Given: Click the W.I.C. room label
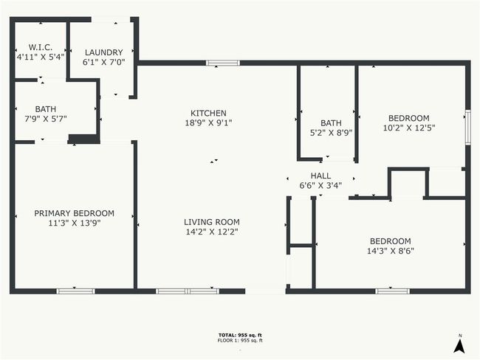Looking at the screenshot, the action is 41,47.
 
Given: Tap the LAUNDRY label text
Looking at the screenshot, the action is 104,52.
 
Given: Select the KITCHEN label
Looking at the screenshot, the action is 208,113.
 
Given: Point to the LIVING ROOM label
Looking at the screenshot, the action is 212,222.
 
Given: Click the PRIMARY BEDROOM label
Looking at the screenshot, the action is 75,213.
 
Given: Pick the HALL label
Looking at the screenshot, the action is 320,176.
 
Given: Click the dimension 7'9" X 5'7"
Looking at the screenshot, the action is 46,119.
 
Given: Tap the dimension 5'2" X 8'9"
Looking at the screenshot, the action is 332,133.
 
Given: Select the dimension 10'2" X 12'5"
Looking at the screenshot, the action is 409,128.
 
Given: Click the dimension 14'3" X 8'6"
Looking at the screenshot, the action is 391,251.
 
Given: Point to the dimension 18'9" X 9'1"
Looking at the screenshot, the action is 208,123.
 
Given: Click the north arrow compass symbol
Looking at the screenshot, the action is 459,346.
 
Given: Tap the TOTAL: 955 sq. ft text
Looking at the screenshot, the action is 240,335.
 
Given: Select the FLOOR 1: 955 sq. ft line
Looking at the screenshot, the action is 240,340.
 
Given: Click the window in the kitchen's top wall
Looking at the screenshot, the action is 223,63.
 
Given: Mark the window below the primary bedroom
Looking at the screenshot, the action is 75,291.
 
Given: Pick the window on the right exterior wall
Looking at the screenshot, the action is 467,127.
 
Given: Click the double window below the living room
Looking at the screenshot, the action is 188,291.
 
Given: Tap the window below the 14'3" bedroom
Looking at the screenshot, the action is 392,291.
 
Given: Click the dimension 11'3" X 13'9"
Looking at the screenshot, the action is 75,223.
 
